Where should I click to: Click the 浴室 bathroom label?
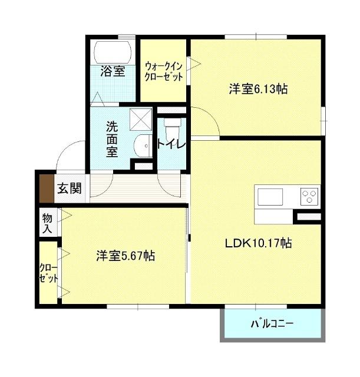[112, 72]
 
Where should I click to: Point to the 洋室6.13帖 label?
[258, 90]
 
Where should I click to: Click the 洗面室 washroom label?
[112, 138]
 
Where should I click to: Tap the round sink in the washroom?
[143, 145]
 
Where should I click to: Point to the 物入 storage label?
[48, 223]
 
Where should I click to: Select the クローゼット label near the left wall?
[48, 273]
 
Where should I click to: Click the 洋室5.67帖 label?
[125, 256]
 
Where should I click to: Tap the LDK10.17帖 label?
[259, 242]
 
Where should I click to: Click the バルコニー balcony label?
[272, 323]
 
